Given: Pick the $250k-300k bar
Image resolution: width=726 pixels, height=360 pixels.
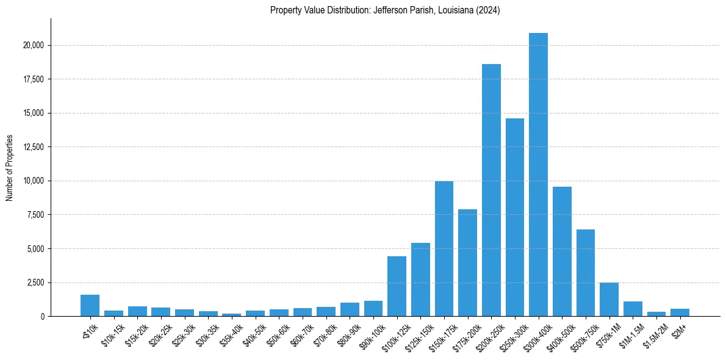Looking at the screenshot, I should [x=515, y=217].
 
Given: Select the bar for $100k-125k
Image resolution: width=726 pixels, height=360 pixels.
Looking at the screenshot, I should [x=397, y=286].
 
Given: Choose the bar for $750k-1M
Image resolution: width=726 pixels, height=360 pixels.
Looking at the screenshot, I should [x=609, y=300].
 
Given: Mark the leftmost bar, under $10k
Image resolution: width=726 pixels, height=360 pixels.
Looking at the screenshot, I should [x=90, y=306].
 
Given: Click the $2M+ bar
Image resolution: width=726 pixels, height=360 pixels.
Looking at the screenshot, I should [x=680, y=312].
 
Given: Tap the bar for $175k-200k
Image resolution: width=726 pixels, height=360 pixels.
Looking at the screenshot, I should [x=467, y=263].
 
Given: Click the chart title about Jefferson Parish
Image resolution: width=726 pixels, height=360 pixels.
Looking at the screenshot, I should [x=385, y=10].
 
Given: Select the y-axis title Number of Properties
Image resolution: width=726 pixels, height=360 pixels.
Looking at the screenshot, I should [x=9, y=168].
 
